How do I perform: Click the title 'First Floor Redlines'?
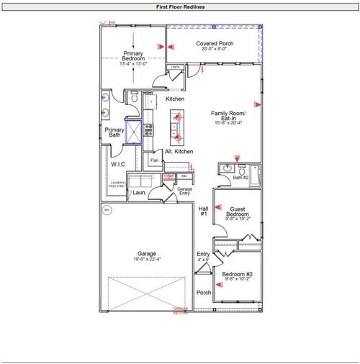pyautogui.click(x=180, y=6)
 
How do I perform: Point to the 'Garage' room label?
pyautogui.click(x=147, y=253)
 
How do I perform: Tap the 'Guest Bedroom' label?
pyautogui.click(x=238, y=211)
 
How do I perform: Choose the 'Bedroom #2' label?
pyautogui.click(x=237, y=275)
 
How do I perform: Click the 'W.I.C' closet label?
pyautogui.click(x=119, y=164)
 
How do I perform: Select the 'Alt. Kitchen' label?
pyautogui.click(x=179, y=152)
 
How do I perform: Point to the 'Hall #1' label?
pyautogui.click(x=203, y=211)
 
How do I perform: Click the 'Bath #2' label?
pyautogui.click(x=240, y=176)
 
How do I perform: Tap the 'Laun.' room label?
pyautogui.click(x=139, y=192)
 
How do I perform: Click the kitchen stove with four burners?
pyautogui.click(x=149, y=130)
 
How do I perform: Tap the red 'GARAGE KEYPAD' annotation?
pyautogui.click(x=180, y=310)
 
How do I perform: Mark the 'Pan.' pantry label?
pyautogui.click(x=154, y=160)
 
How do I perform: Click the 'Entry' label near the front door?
pyautogui.click(x=203, y=254)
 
